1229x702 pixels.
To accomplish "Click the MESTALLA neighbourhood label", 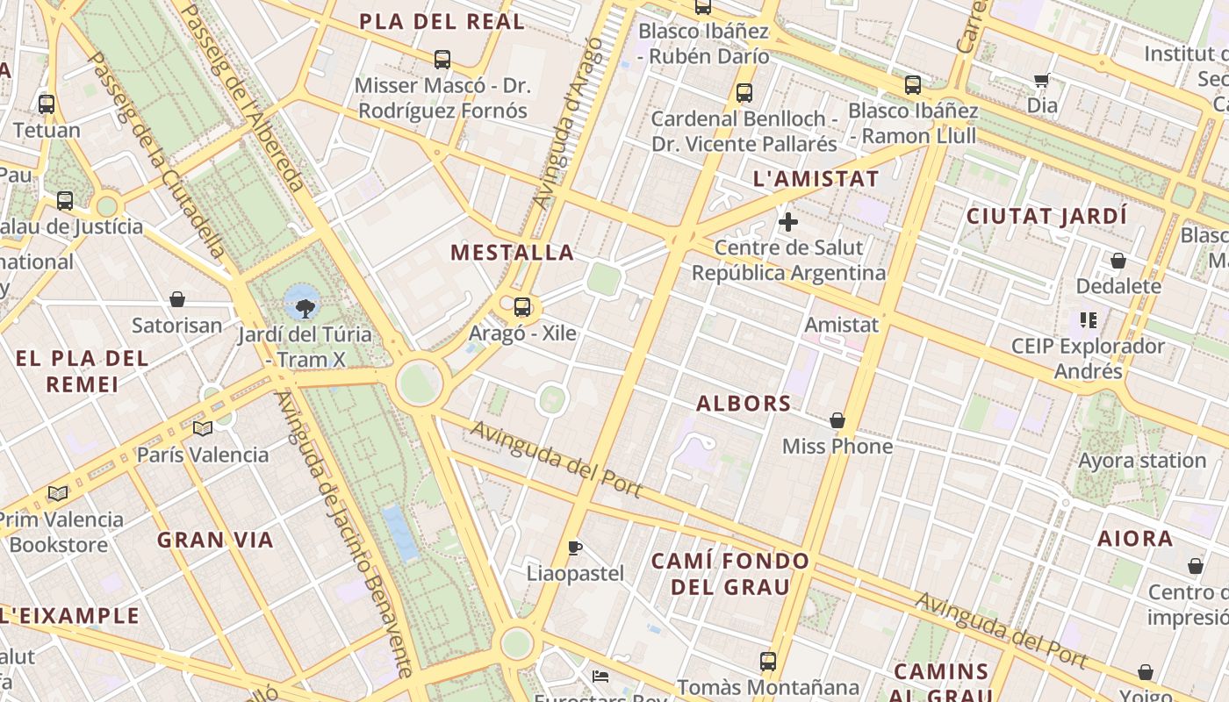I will [513, 253].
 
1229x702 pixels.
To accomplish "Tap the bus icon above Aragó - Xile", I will [522, 307].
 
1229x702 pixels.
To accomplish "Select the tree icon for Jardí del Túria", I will [305, 308].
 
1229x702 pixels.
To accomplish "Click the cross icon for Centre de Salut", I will [788, 221].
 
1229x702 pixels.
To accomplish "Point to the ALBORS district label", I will [744, 404].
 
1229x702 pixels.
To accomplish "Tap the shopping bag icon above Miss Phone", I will [837, 420].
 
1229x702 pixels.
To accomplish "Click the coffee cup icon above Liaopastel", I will [575, 548].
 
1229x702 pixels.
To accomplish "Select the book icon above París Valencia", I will [203, 428].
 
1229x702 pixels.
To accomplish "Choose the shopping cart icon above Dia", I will [1042, 81].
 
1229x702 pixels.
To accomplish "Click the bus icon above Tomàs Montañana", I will [768, 661].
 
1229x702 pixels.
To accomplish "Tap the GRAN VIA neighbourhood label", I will [215, 540].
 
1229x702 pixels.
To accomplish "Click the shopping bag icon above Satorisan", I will [177, 299].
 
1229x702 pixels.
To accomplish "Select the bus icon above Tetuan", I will [47, 104].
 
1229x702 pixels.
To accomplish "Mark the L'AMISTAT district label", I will [816, 179].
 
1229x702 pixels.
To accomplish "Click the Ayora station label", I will [1142, 461].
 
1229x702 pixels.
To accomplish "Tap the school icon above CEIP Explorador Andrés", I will [1089, 320].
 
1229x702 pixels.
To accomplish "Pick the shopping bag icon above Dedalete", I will [1118, 261].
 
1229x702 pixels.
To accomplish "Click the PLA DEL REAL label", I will [442, 22].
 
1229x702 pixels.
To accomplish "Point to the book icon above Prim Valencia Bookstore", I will [58, 493].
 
